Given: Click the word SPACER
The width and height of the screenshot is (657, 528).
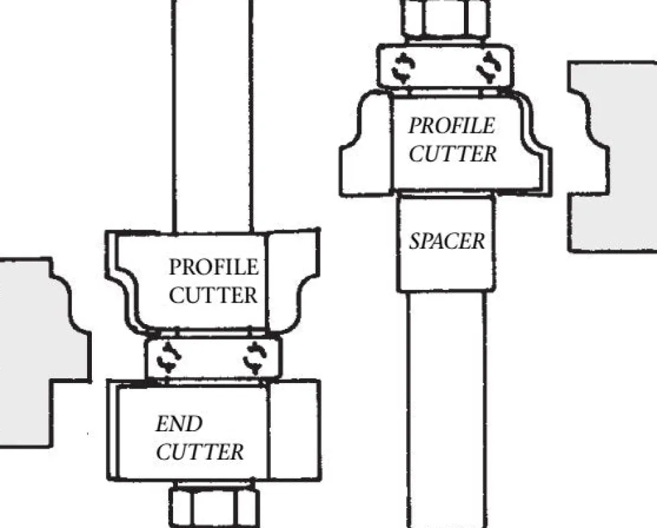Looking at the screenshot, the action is pos(446,241).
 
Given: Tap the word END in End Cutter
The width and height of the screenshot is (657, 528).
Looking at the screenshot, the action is pos(179,424).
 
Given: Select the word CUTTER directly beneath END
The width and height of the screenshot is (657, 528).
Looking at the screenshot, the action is pos(200,452).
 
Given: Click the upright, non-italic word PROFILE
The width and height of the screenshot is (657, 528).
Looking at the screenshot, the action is pos(214,267).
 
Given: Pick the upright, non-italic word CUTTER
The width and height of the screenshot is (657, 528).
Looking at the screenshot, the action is pos(213,295).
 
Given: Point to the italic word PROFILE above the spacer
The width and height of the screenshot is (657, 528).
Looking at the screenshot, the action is pos(452,126).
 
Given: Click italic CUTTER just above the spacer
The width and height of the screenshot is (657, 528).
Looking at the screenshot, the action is pos(453,154).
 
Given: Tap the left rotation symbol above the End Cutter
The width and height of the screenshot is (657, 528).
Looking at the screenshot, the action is pos(168,357).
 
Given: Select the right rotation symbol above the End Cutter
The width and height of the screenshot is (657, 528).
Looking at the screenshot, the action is pos(254,358).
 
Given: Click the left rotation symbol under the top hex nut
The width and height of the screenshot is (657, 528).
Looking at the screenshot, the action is pos(403,67).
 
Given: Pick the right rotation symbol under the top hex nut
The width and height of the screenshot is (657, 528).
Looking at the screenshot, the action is pos(489,67).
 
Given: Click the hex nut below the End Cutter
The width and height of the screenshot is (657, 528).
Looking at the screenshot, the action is pos(214,505).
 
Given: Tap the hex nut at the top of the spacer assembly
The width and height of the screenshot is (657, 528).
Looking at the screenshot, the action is pos(445,19).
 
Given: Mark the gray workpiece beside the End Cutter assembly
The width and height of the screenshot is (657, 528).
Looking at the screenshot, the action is pos(34,352).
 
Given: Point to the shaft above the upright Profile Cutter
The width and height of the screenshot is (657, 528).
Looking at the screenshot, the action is pos(213,115).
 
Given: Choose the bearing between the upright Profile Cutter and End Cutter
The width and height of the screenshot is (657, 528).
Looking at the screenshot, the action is pos(213,358).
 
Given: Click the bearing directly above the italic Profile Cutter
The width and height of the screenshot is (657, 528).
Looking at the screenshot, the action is pos(445,67).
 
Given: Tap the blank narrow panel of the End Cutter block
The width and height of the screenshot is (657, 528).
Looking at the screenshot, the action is pos(294,430).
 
